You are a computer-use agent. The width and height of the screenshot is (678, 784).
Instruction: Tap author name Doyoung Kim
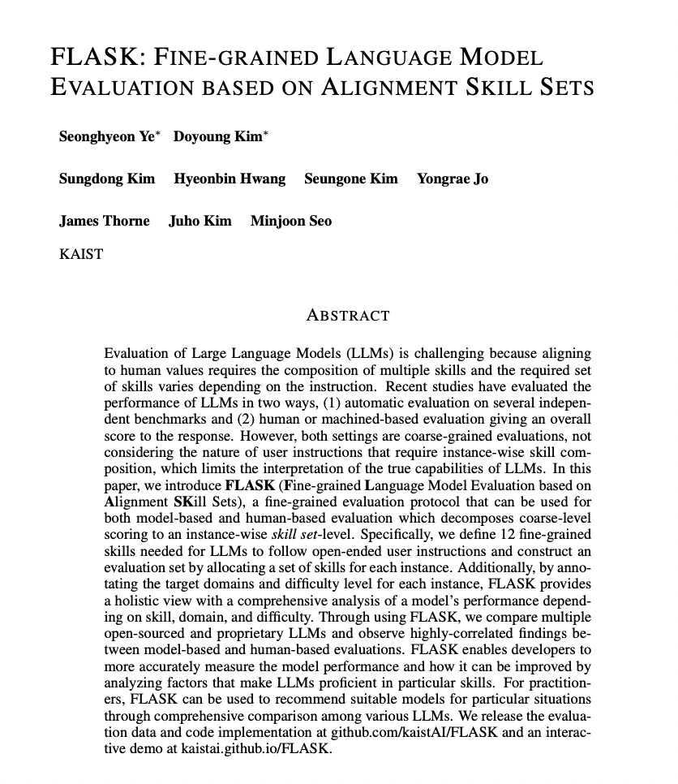pos(218,136)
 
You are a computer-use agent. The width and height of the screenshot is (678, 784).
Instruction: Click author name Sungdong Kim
pos(106,179)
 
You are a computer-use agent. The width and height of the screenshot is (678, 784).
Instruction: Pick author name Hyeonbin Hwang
pos(230,179)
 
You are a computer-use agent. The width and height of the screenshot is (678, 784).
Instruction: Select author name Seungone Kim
pos(350,179)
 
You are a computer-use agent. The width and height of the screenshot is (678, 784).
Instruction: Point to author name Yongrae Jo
pos(452,179)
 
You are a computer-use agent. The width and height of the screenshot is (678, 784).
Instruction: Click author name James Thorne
pos(104,221)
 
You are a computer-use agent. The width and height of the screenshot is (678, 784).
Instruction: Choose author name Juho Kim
pos(200,221)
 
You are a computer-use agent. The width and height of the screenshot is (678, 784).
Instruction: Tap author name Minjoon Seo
pos(290,221)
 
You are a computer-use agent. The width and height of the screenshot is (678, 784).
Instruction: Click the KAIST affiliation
pos(81,254)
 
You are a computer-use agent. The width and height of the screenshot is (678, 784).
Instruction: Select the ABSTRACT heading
pos(348,316)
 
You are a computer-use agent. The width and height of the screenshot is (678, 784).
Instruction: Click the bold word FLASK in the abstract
pos(249,486)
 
